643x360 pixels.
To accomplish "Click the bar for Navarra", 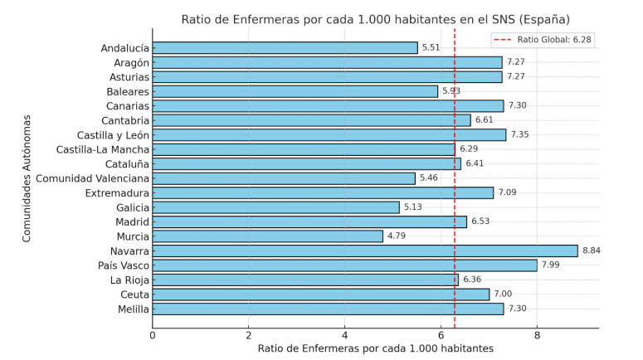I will coord(365,251).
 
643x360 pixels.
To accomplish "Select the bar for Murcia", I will coord(268,236).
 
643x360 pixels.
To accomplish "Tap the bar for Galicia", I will coord(275,207).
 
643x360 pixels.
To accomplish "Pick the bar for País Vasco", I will coord(344,265).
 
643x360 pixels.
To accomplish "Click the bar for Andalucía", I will coord(285,48).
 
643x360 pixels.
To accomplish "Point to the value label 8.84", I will coord(592,251).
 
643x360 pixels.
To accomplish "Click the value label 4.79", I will coord(397,236).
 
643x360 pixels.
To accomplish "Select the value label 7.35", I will coord(519,134).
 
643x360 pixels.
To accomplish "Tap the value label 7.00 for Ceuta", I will coord(503,294).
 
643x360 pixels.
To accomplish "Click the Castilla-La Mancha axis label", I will coord(103,149).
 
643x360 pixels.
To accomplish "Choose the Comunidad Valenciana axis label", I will coord(92,178).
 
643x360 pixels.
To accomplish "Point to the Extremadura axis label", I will coord(117,192).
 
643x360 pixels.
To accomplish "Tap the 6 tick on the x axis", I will coord(441,335).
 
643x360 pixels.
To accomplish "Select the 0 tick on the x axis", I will coord(153,335).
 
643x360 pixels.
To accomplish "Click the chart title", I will coord(375,19).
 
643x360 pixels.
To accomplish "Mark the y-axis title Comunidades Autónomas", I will coord(27,178).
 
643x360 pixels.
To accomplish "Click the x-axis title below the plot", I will coord(375,348).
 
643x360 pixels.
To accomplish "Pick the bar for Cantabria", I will coord(311,120).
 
